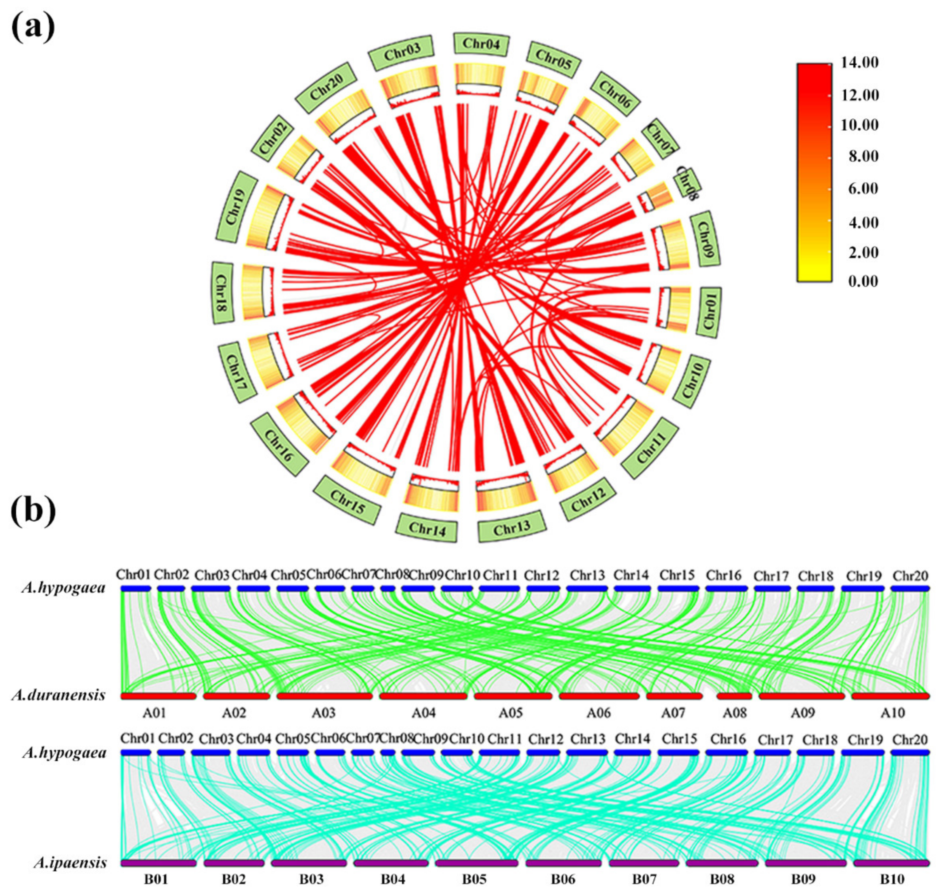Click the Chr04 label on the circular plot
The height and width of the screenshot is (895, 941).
coord(481,45)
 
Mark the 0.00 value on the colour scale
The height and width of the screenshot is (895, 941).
coord(863,281)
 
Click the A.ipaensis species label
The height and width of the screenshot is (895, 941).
coord(70,863)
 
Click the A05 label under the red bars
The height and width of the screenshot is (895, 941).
coord(511,713)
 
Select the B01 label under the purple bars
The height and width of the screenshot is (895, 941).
coord(156,879)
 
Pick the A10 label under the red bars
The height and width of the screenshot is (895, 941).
coord(892,713)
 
